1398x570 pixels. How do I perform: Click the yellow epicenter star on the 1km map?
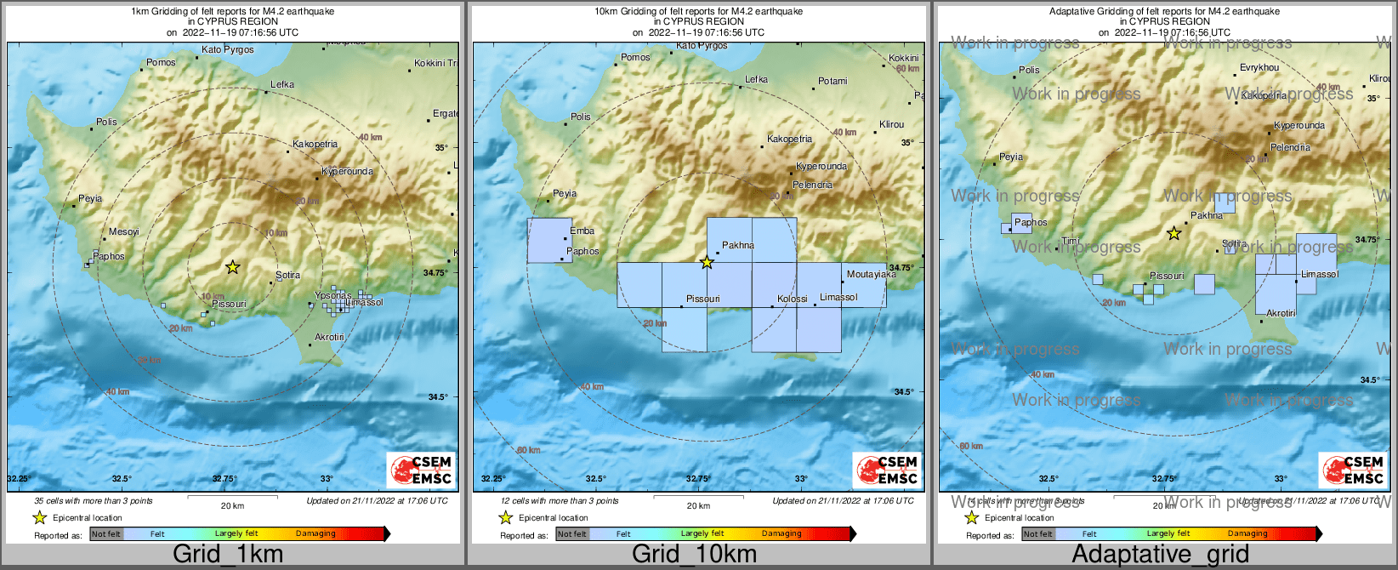pos(232,267)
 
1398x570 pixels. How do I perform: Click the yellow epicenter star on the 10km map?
pos(707,262)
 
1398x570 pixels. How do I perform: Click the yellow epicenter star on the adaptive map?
pos(1174,233)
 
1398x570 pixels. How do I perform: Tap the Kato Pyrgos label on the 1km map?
pos(227,49)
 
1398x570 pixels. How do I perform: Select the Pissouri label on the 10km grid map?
pos(703,299)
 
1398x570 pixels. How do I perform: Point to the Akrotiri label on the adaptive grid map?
pos(1281,313)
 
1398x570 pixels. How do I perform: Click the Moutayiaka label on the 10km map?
pos(871,274)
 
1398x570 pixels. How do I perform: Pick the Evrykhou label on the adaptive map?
pos(1259,67)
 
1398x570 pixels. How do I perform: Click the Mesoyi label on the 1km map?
pos(123,231)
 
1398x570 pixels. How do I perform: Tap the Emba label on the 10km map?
pos(582,231)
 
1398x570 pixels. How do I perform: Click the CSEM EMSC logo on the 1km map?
pos(420,470)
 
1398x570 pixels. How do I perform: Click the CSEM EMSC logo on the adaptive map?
pos(1352,470)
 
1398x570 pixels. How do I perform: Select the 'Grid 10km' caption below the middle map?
pos(694,555)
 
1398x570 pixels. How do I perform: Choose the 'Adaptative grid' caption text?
pos(1160,555)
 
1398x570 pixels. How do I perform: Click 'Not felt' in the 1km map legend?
pos(106,534)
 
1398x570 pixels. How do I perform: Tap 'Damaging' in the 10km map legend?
pos(781,534)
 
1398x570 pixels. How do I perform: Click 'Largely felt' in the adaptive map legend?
pos(1168,534)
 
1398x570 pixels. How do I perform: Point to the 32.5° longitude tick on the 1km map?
pos(122,479)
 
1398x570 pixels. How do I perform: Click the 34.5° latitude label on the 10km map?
pos(903,392)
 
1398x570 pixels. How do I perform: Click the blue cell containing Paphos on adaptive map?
pos(1021,223)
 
